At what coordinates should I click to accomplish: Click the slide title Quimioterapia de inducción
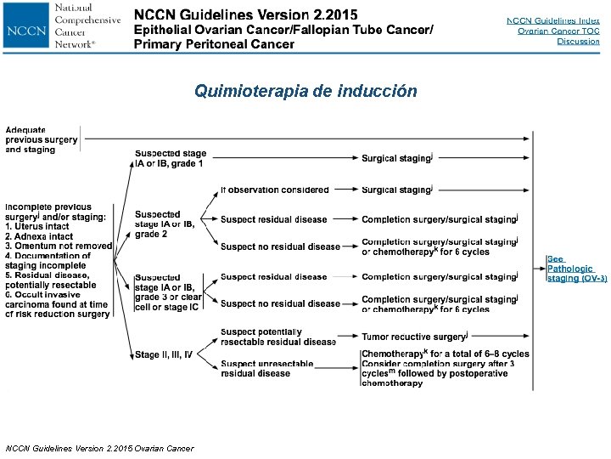coord(305,91)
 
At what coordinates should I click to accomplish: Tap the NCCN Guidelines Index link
coord(552,20)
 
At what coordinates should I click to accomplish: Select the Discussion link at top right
coord(578,42)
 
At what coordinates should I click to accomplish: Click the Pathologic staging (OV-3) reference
coord(576,269)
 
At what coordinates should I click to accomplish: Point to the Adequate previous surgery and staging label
coord(42,139)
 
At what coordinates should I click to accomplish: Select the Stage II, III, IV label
coord(163,354)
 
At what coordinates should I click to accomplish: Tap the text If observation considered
coord(274,190)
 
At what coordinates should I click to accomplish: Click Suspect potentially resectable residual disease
coord(277,337)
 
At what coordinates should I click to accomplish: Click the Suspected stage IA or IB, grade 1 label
coord(170,158)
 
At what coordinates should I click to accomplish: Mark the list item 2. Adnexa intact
coord(39,236)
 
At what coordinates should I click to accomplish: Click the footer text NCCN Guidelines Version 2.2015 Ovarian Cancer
coord(99,448)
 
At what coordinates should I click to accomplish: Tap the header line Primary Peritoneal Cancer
coord(214,44)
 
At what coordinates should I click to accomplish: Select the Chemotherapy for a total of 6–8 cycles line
coord(445,354)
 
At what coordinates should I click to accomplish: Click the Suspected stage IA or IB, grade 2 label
coord(164,224)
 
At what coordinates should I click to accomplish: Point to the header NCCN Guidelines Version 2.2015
coord(245,15)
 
